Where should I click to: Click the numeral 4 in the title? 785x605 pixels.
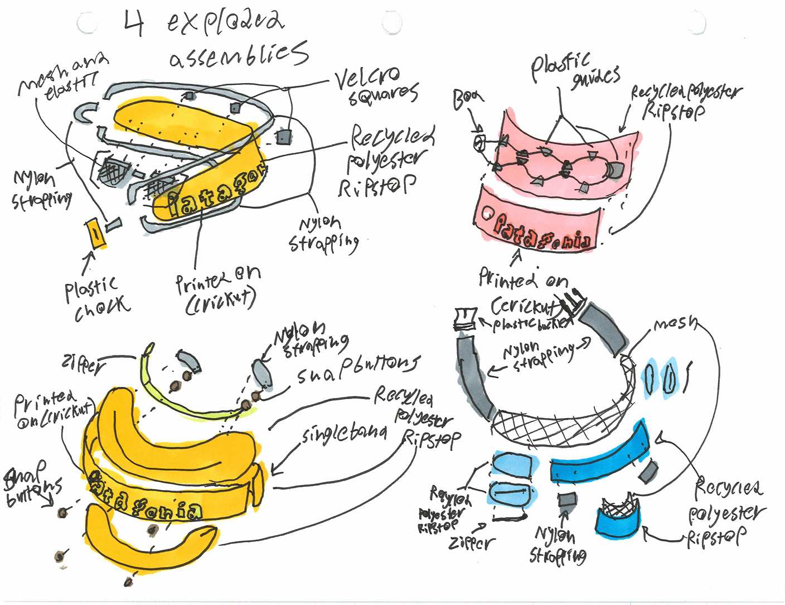click(x=134, y=23)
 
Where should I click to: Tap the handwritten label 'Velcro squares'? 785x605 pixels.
click(x=376, y=87)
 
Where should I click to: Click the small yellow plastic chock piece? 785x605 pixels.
click(x=96, y=233)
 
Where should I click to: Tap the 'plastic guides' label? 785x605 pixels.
click(x=574, y=71)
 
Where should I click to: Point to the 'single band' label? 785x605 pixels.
click(x=345, y=433)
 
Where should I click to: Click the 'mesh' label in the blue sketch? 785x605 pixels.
click(x=675, y=324)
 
